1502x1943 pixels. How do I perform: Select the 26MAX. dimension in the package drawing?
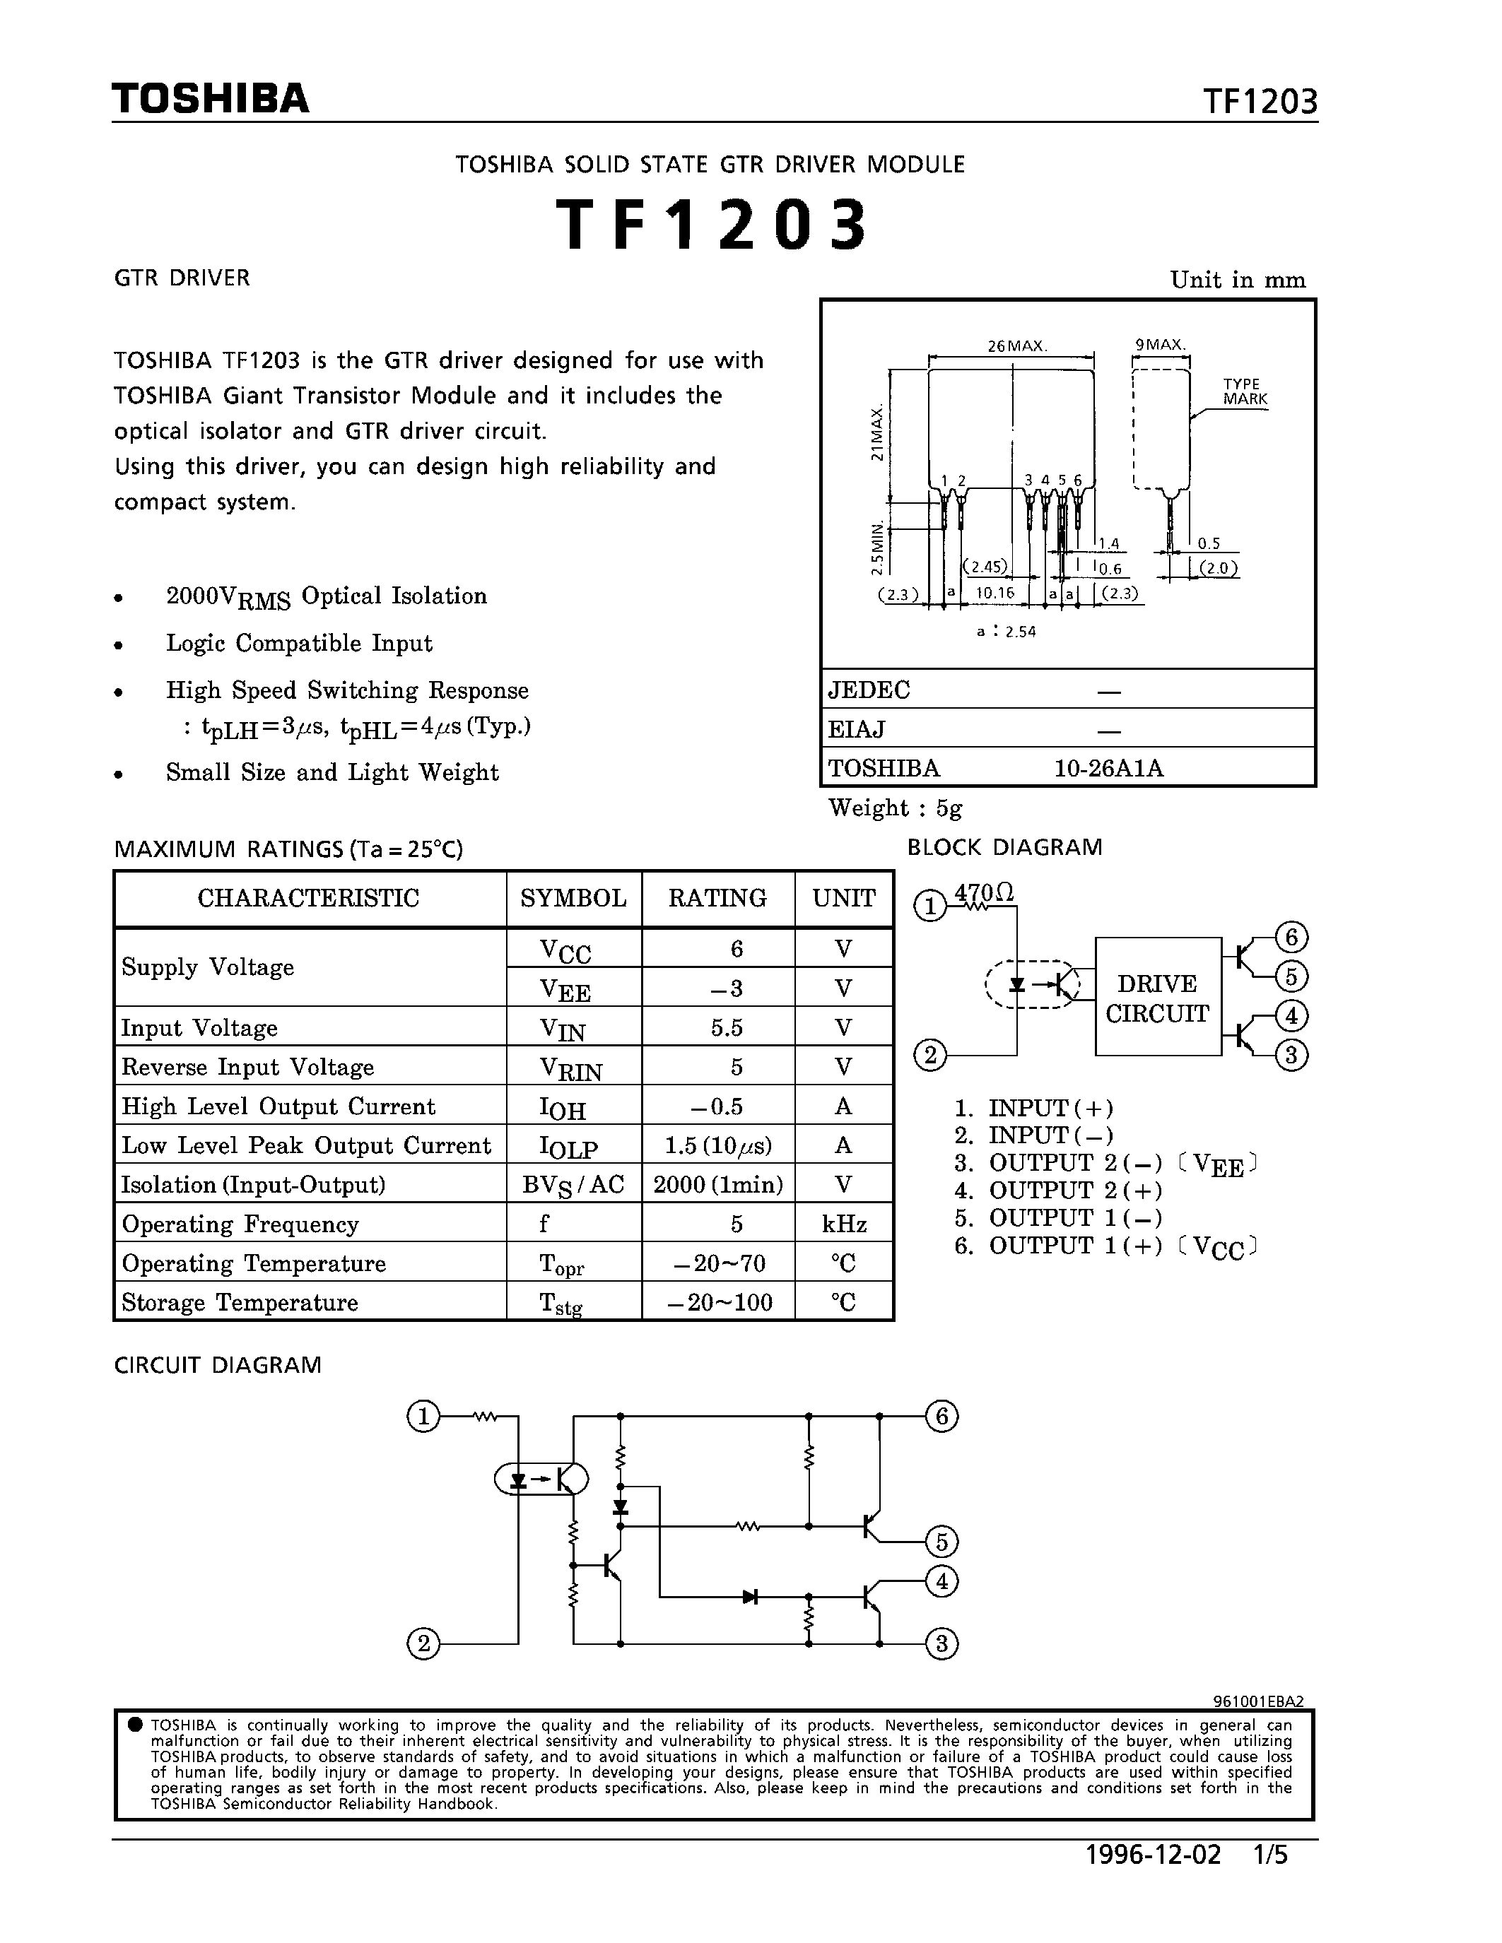click(1017, 346)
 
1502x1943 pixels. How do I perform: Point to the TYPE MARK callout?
click(1244, 392)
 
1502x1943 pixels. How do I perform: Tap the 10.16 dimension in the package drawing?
click(994, 593)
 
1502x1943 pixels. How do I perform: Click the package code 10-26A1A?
click(1108, 768)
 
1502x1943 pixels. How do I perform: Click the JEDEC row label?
click(869, 690)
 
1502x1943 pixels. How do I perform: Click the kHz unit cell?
click(843, 1224)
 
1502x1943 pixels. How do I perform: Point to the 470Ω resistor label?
click(983, 892)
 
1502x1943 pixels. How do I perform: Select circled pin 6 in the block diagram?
click(1291, 937)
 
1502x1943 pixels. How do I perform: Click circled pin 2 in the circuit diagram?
click(423, 1644)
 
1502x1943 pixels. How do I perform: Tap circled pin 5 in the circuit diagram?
click(941, 1542)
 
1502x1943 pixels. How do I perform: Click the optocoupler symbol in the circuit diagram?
click(541, 1480)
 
